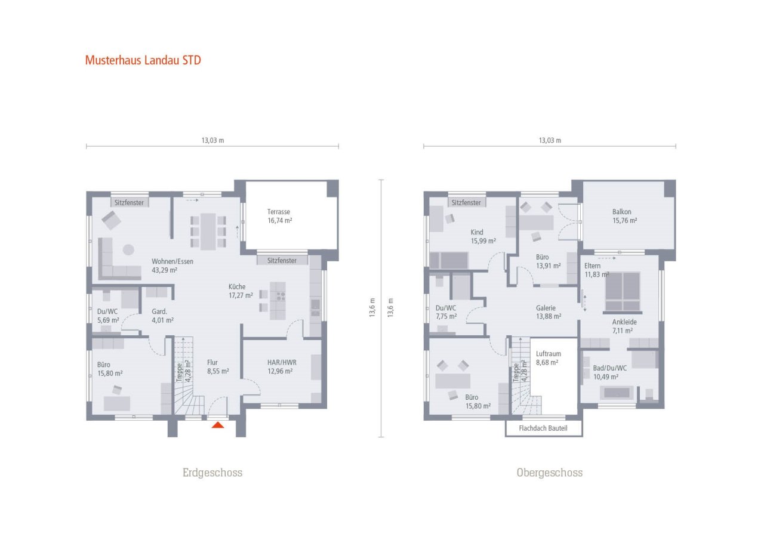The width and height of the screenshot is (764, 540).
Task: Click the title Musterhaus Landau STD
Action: click(143, 60)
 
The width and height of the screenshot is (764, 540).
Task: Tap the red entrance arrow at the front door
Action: click(218, 425)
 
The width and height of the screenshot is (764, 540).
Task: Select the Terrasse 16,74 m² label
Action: click(279, 216)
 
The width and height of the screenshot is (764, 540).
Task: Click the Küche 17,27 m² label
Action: click(241, 290)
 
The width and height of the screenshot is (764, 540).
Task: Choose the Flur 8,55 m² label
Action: click(218, 366)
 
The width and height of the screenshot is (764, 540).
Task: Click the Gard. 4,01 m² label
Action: click(162, 316)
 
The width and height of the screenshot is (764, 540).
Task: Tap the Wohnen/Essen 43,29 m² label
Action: click(172, 266)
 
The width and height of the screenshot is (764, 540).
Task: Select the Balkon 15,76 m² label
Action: click(624, 216)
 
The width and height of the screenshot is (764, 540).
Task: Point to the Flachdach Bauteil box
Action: click(543, 428)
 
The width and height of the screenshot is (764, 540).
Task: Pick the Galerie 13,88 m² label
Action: click(546, 312)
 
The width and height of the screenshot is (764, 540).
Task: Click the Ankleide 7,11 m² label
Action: click(624, 326)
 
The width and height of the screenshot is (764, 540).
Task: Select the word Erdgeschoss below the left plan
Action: click(212, 473)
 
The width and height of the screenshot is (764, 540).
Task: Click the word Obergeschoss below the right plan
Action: click(549, 473)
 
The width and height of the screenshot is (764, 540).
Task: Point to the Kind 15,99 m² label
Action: click(483, 236)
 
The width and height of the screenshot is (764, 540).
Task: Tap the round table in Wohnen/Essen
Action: click(128, 249)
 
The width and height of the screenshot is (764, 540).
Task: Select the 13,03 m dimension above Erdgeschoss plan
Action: click(212, 141)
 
